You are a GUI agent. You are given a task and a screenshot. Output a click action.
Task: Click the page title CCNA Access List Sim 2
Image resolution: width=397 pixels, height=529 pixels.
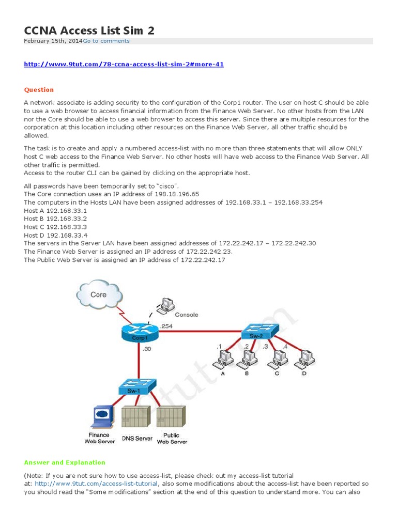coord(89,30)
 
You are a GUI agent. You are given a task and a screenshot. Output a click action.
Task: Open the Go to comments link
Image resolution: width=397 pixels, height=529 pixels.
coord(106,41)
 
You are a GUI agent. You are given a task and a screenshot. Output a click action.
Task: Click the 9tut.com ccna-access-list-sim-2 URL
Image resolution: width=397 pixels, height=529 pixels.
coord(124,65)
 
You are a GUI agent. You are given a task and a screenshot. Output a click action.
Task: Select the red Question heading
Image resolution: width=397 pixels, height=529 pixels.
coord(39,90)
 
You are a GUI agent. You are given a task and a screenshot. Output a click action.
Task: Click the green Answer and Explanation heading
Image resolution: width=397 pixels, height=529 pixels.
coord(65,462)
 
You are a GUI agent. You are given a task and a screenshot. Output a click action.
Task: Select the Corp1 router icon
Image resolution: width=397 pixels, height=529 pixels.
coord(138,331)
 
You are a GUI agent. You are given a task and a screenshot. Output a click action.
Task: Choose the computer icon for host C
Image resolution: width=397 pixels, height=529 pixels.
coord(279,357)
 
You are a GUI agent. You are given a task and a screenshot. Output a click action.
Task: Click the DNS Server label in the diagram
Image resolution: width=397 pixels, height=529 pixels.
coord(137,439)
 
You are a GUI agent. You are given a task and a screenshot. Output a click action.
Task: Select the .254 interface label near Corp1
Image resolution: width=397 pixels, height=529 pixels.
coord(166,326)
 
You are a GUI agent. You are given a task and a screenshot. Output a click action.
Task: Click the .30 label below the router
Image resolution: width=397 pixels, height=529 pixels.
coord(146,349)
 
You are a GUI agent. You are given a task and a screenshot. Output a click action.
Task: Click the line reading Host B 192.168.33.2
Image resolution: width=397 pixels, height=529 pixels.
coord(55,219)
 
